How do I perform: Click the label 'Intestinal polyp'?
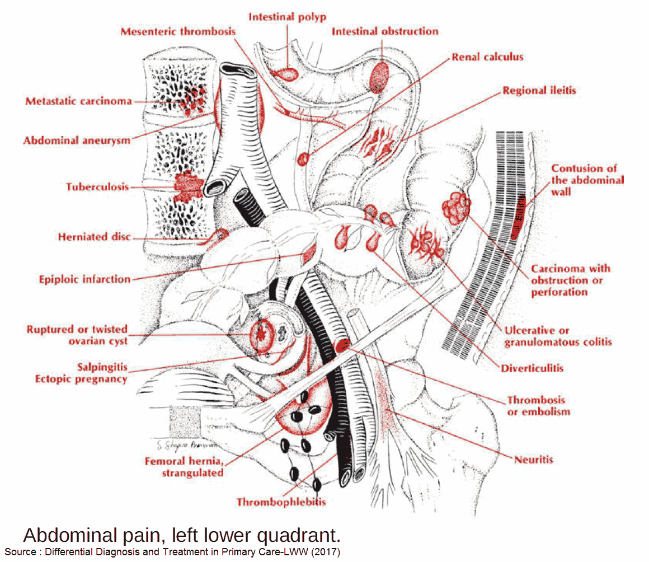coord(286,16)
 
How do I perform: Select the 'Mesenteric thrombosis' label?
coord(177,31)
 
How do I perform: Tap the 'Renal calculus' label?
coord(487,57)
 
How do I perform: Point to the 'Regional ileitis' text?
coord(539,90)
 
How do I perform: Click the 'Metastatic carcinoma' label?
coord(79,101)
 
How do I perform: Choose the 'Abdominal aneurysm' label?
coord(77,140)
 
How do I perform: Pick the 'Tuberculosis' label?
coord(97,187)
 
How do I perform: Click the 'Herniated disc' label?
coord(94,237)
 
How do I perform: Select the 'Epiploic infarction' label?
coord(84,279)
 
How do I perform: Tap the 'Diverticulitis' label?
coord(532,368)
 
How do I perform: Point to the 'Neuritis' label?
coord(533,460)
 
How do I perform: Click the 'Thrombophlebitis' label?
coord(281,502)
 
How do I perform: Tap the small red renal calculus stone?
coord(303,158)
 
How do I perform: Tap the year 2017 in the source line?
coord(326,551)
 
